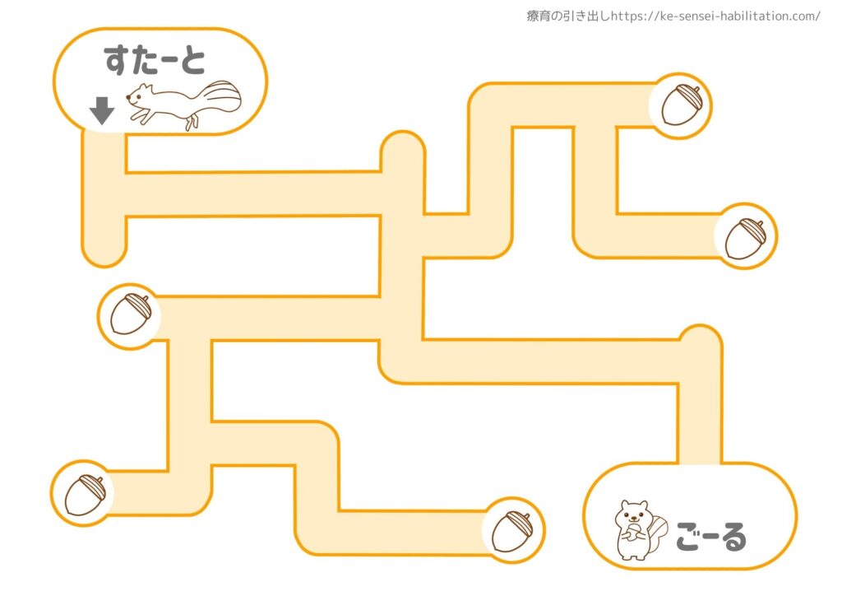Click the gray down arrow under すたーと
click(101, 110)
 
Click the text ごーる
click(711, 537)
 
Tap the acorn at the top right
click(680, 105)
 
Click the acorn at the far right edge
click(746, 238)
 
